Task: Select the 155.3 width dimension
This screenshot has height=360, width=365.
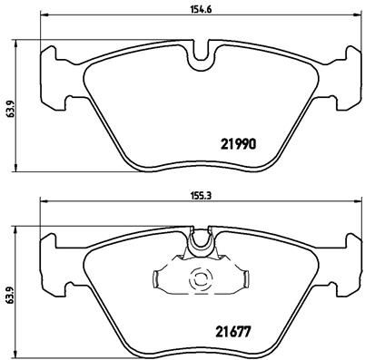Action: [198, 193]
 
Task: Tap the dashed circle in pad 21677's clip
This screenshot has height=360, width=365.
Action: [198, 280]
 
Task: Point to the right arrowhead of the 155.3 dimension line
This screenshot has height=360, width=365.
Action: [350, 206]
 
